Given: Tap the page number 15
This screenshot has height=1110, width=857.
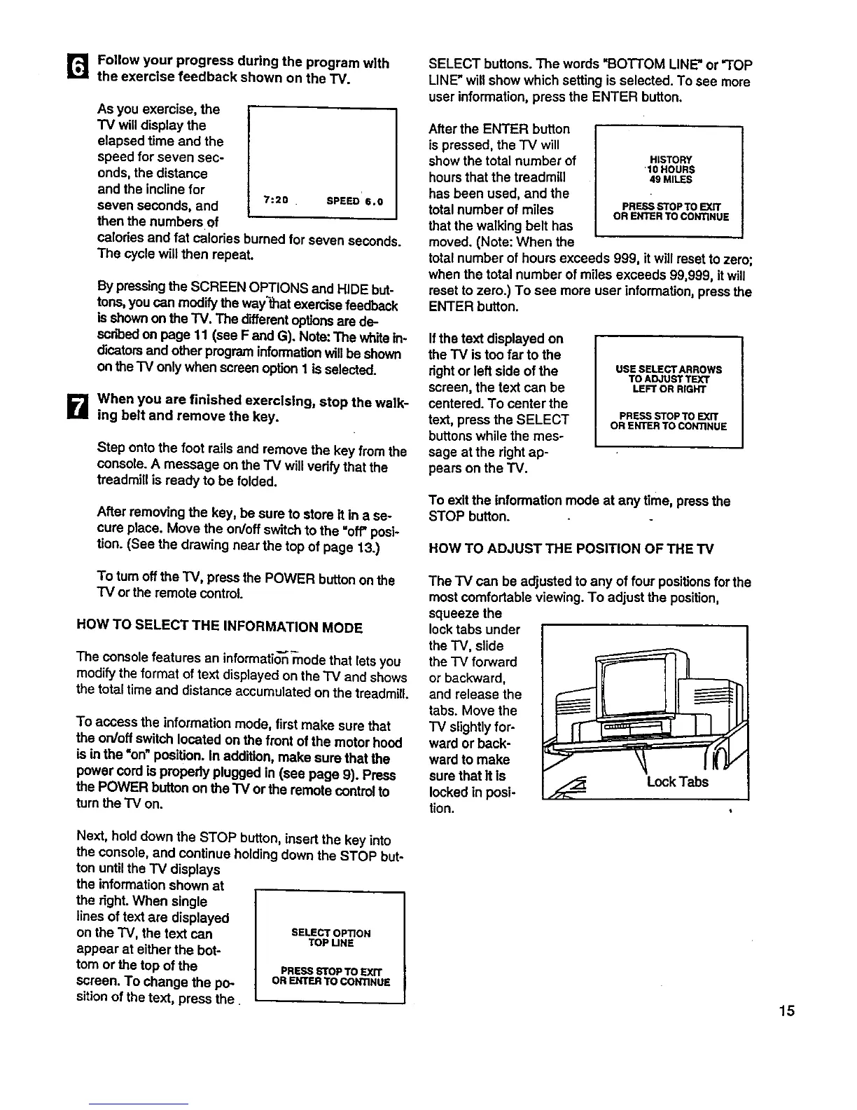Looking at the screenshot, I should point(786,1010).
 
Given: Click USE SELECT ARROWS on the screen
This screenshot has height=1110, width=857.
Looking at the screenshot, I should point(669,369).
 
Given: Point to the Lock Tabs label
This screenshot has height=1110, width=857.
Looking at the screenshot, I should point(677,781).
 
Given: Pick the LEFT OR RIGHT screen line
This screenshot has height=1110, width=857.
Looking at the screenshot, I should point(669,389).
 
